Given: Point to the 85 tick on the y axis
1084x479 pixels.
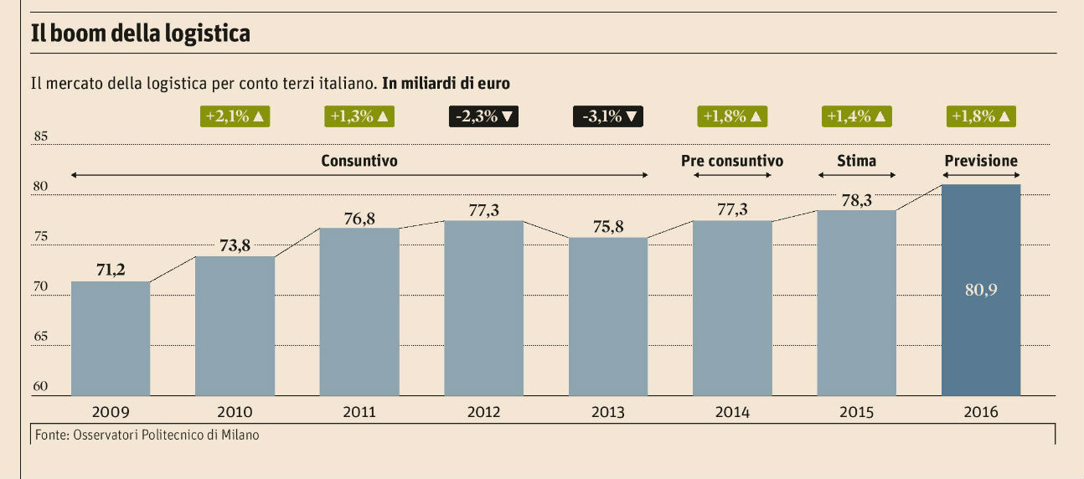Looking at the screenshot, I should [39, 137].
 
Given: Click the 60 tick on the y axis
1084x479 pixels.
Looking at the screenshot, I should [39, 388].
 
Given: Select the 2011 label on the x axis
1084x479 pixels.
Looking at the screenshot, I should [359, 412].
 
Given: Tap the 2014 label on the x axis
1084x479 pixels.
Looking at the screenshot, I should [732, 412].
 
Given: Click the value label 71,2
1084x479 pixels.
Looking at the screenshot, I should [111, 269].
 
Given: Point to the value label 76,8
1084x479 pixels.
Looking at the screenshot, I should [359, 218].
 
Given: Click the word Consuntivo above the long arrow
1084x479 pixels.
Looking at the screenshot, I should [359, 160].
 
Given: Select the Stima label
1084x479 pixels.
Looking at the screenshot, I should [857, 160].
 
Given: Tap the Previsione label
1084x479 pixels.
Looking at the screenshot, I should [981, 160].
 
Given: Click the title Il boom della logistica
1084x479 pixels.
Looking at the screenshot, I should [141, 34].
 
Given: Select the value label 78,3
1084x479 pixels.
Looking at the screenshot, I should [857, 200].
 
